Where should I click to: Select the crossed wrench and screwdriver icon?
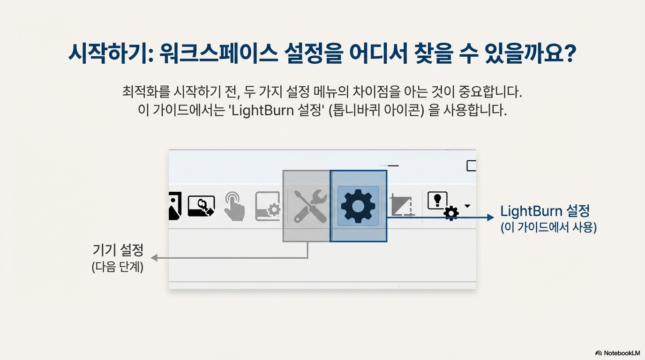310,206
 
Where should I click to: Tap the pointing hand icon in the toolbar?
234,206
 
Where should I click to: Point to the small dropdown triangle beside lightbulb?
467,206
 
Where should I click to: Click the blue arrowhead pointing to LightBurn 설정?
490,217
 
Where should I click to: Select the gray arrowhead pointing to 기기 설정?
153,258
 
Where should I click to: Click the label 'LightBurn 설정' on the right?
545,210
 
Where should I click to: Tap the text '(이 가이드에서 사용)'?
548,228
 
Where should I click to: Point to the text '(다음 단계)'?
118,268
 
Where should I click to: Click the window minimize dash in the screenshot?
393,165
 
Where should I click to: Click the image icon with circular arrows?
201,206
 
